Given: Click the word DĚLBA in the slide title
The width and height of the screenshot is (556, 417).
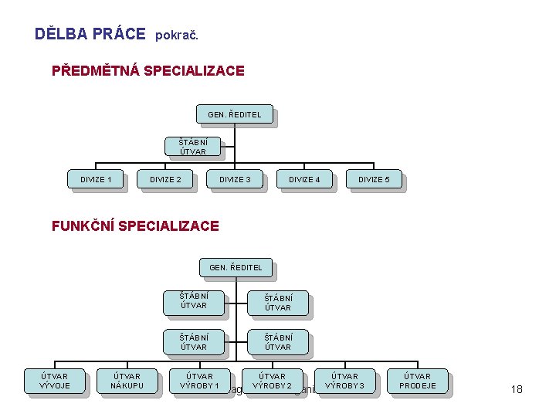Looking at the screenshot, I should [x=61, y=34].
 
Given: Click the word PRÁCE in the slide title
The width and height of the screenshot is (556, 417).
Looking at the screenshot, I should [x=118, y=34].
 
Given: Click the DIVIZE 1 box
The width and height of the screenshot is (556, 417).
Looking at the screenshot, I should [x=96, y=180].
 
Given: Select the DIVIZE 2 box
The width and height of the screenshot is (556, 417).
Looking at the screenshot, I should [x=165, y=180].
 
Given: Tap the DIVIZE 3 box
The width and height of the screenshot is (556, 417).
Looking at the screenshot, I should [x=235, y=180].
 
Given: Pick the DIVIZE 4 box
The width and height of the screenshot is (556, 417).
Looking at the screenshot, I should [x=304, y=180].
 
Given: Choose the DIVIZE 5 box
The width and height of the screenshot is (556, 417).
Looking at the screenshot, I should [x=374, y=180].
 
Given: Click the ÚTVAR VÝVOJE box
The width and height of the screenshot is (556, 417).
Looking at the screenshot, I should [x=54, y=381].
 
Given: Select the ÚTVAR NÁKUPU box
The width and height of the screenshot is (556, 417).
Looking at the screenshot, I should [x=127, y=381].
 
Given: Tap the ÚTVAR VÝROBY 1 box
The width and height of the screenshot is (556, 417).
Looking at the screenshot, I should [x=199, y=381].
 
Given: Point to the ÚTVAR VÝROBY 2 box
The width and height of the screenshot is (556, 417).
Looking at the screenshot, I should [x=272, y=381].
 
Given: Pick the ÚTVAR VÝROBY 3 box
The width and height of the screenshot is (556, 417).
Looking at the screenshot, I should [x=344, y=381].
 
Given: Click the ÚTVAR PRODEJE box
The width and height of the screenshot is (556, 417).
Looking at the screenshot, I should [x=417, y=381].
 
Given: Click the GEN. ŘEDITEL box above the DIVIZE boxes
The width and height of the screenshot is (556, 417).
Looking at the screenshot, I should [x=235, y=115].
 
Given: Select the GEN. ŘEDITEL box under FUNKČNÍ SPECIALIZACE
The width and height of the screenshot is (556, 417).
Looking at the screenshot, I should [x=236, y=268].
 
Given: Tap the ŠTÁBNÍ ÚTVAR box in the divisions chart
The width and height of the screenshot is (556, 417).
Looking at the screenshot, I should [x=193, y=147].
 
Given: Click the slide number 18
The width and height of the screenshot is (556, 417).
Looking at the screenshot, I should [x=517, y=389].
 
